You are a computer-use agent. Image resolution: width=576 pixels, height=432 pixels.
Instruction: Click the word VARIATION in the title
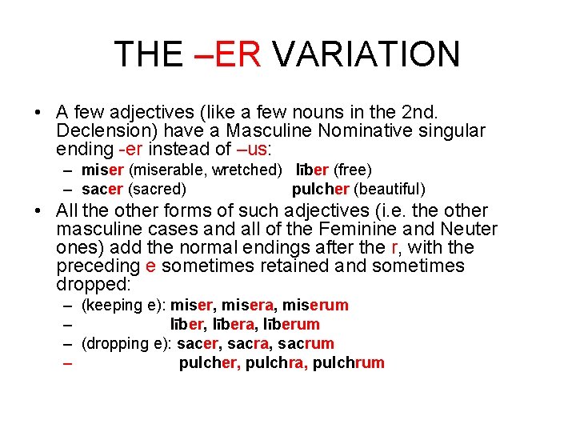pos(366,54)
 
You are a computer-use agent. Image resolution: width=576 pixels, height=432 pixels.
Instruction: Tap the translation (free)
pos(353,170)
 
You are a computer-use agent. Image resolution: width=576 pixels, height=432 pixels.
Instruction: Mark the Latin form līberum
pos(291,324)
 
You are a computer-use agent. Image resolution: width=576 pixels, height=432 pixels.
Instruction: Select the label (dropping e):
pos(126,343)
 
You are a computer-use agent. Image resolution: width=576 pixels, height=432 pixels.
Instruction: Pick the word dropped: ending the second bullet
pos(94,285)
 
